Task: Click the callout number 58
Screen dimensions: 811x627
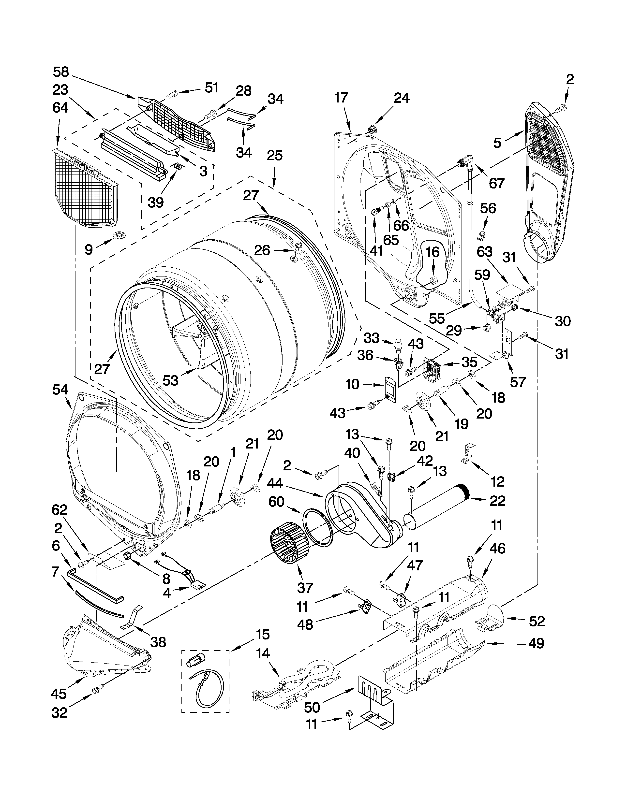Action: click(x=61, y=72)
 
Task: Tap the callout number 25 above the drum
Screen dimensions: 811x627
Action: click(x=274, y=156)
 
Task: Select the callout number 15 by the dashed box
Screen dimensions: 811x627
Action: click(x=262, y=635)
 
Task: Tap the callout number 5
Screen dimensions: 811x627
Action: click(x=497, y=143)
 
